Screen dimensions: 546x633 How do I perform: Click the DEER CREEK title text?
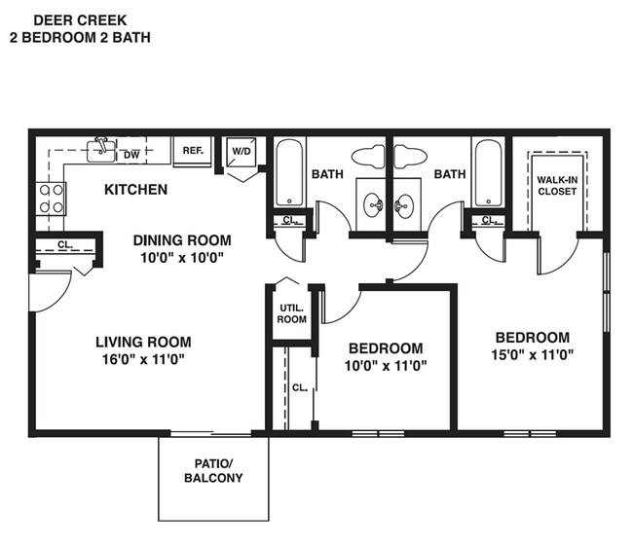[x=72, y=18]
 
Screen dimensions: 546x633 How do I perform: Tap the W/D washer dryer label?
[x=240, y=151]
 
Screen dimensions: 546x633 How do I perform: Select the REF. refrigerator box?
[x=192, y=151]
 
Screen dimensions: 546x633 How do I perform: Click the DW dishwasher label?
[x=130, y=153]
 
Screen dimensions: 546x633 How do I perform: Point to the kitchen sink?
[x=100, y=150]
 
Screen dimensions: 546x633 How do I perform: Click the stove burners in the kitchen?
[x=51, y=199]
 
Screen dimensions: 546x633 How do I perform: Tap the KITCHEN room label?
[x=135, y=190]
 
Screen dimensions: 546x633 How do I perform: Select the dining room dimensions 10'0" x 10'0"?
[x=181, y=258]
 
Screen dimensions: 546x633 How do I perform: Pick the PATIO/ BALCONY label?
[x=213, y=470]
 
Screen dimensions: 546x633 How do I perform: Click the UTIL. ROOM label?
[x=292, y=312]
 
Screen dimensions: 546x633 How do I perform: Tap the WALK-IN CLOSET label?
[x=557, y=185]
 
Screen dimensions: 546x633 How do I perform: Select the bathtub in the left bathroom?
[x=289, y=173]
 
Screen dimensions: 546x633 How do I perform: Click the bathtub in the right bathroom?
[x=487, y=173]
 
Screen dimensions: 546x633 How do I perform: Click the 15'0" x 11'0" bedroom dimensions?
[x=532, y=355]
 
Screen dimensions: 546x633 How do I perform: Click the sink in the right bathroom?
[x=403, y=205]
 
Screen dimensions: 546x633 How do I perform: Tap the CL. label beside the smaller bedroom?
[x=299, y=387]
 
